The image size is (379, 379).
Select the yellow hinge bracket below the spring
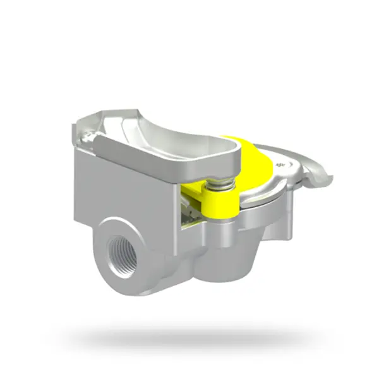coord(219,202)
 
